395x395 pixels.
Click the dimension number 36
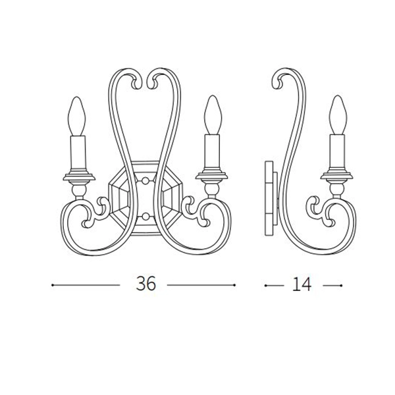click(146, 283)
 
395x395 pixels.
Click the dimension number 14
click(302, 284)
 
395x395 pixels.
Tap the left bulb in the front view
click(76, 116)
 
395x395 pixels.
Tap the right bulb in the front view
click(213, 115)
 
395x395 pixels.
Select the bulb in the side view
click(338, 115)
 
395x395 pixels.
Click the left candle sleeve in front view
click(78, 153)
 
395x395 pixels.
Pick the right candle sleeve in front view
click(212, 151)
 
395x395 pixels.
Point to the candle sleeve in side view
click(337, 151)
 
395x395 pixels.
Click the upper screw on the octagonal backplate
click(145, 180)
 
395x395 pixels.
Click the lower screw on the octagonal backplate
click(145, 216)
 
